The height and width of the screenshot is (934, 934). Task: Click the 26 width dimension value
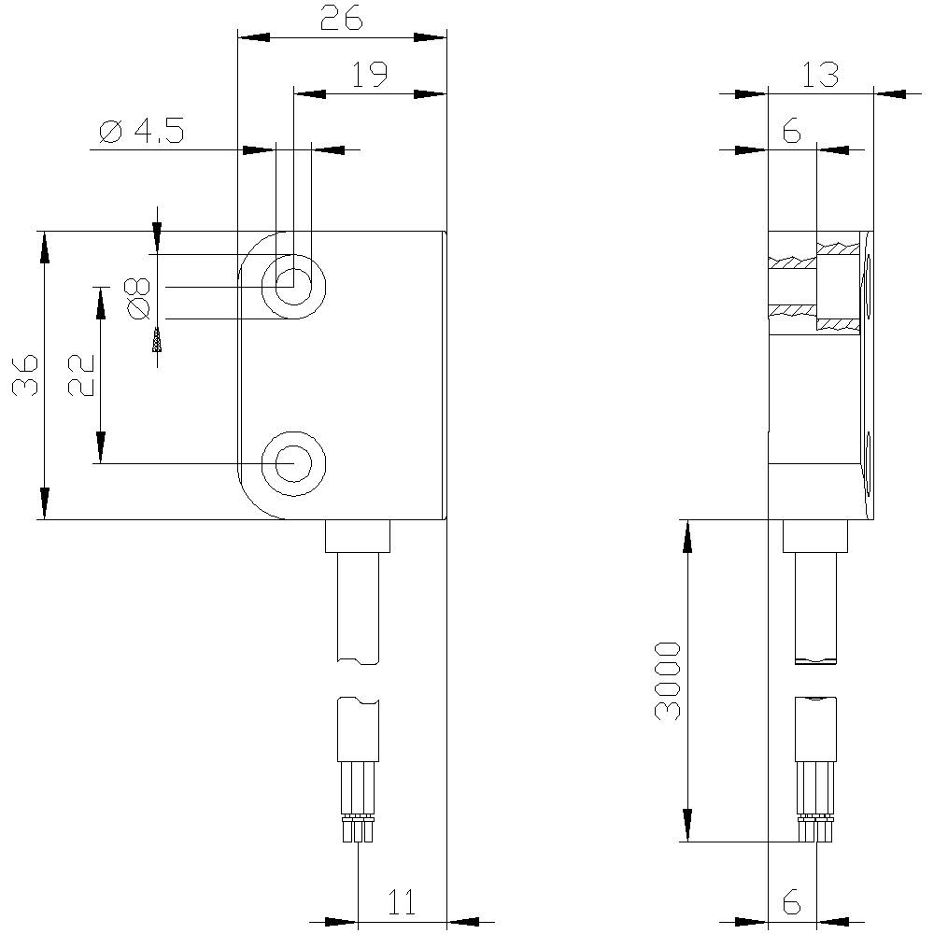coord(341,19)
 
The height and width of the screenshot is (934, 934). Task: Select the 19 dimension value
coord(370,75)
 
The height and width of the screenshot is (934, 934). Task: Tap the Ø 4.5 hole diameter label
coord(141,133)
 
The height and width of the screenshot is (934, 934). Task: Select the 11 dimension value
coord(402,902)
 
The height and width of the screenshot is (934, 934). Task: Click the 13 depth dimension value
coord(819,75)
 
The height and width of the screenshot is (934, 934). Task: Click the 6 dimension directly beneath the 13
coord(791,133)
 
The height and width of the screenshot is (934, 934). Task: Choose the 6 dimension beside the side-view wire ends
coord(791,902)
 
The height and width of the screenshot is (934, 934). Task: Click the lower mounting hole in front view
coord(293,463)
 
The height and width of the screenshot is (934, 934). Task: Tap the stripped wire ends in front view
coord(359,828)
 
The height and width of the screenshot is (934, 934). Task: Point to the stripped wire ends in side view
coord(815,828)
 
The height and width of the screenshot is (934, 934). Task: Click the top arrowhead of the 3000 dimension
coord(687,536)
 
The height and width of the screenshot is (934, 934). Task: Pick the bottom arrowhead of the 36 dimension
coord(43,504)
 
